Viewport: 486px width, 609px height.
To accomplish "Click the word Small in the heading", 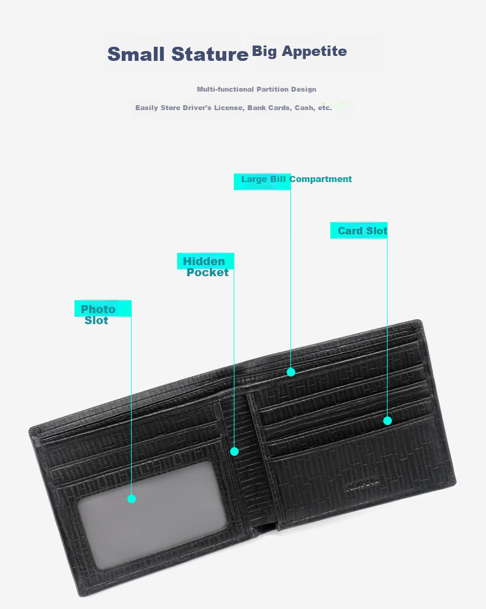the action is point(135,54).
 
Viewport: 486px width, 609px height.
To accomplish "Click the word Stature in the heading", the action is point(209,54).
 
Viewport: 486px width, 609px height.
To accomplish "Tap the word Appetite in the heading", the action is point(314,51).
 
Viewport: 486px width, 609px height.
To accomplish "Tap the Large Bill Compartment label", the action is point(297,179).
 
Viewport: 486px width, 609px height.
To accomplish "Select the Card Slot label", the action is point(362,231).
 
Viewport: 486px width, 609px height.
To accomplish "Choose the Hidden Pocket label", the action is point(205,266).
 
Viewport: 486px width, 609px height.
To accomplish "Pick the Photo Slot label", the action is point(98,314).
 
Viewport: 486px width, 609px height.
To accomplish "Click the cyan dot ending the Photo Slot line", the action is point(131,499).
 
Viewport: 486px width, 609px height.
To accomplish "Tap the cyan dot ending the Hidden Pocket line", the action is point(234,452).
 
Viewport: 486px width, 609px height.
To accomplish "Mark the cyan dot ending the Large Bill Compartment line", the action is point(291,372).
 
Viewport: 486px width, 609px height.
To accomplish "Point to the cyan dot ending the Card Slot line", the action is point(388,421).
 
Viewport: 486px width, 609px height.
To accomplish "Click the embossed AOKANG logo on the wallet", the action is point(362,484).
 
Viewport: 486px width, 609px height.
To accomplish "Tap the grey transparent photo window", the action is point(151,515).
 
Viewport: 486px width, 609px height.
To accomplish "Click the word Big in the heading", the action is point(264,52).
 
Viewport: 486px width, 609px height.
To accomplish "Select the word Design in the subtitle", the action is point(303,89).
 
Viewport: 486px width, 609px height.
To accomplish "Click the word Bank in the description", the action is point(256,108).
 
